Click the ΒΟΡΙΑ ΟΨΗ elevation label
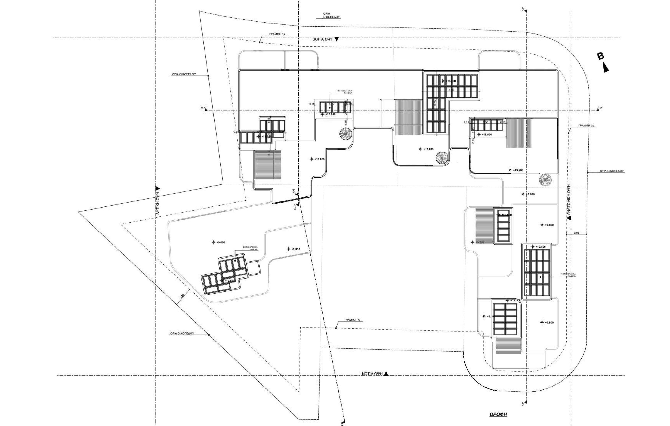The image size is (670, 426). pyautogui.click(x=323, y=39)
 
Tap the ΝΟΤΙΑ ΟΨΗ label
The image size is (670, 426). pyautogui.click(x=372, y=374)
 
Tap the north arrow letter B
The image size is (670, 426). pyautogui.click(x=601, y=56)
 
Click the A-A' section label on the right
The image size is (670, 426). pyautogui.click(x=600, y=108)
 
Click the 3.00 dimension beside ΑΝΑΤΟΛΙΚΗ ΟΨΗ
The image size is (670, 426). pyautogui.click(x=576, y=233)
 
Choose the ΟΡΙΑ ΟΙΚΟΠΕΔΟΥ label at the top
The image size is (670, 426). pyautogui.click(x=331, y=15)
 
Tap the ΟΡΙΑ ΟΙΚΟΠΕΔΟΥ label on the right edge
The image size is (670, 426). pyautogui.click(x=612, y=171)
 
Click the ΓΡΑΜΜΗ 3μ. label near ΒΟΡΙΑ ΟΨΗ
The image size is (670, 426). pyautogui.click(x=278, y=34)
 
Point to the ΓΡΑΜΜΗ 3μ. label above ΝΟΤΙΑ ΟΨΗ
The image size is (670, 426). pyautogui.click(x=354, y=320)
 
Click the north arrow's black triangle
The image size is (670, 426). pyautogui.click(x=606, y=67)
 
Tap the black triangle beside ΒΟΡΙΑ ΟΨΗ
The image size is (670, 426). pyautogui.click(x=337, y=39)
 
